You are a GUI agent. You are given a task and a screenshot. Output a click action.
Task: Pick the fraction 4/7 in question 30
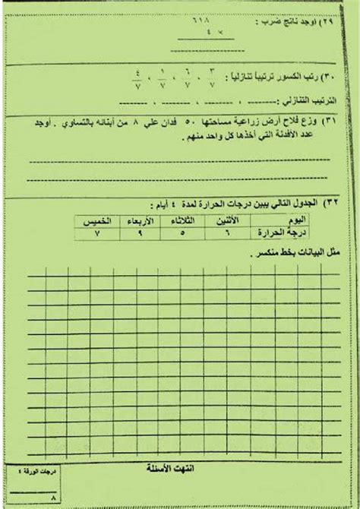click(137, 80)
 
